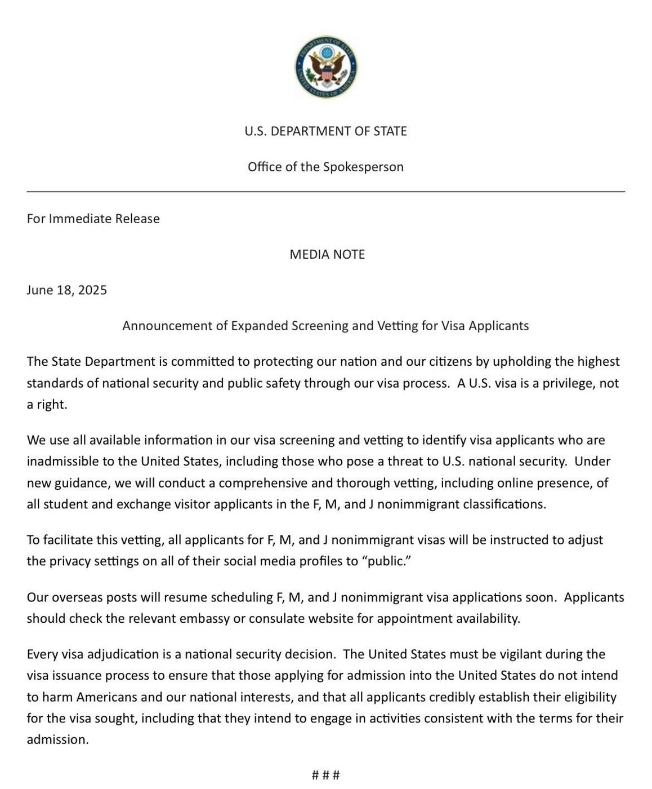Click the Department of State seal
pos(325,68)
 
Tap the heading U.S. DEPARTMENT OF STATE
pos(325,131)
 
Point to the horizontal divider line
pos(325,192)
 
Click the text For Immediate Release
pos(93,219)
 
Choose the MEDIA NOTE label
pos(327,254)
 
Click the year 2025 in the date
pos(92,290)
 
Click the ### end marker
pos(325,775)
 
